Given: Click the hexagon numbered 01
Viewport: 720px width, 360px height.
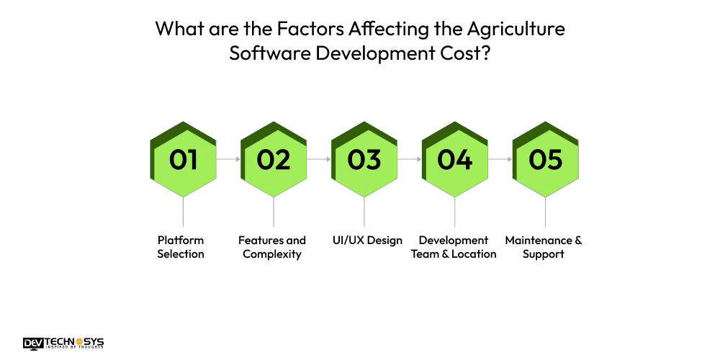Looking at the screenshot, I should (x=183, y=159).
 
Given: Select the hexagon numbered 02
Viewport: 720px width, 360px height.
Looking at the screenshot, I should (x=274, y=159).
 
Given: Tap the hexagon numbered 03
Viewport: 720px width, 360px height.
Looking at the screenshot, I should (x=364, y=159).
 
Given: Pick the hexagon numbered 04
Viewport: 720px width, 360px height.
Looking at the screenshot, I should (x=454, y=159).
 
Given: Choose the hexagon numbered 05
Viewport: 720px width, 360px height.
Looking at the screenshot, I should (x=545, y=159).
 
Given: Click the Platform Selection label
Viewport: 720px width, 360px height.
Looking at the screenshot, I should (x=181, y=247).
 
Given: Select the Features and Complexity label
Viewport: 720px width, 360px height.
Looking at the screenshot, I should (x=272, y=247).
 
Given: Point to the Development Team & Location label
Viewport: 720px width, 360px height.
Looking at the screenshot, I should (x=454, y=247).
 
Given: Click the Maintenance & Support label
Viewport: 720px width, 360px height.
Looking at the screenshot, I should (x=544, y=247).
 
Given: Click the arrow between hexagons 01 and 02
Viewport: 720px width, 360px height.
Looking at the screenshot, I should (x=228, y=159).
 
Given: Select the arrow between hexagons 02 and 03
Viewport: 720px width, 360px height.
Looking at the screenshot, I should (x=319, y=159).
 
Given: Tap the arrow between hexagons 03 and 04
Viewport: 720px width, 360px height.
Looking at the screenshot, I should (x=409, y=159).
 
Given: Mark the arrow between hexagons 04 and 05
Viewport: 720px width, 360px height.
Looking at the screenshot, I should (x=500, y=159).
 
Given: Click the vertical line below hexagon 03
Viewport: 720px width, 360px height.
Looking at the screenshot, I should (x=364, y=213).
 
